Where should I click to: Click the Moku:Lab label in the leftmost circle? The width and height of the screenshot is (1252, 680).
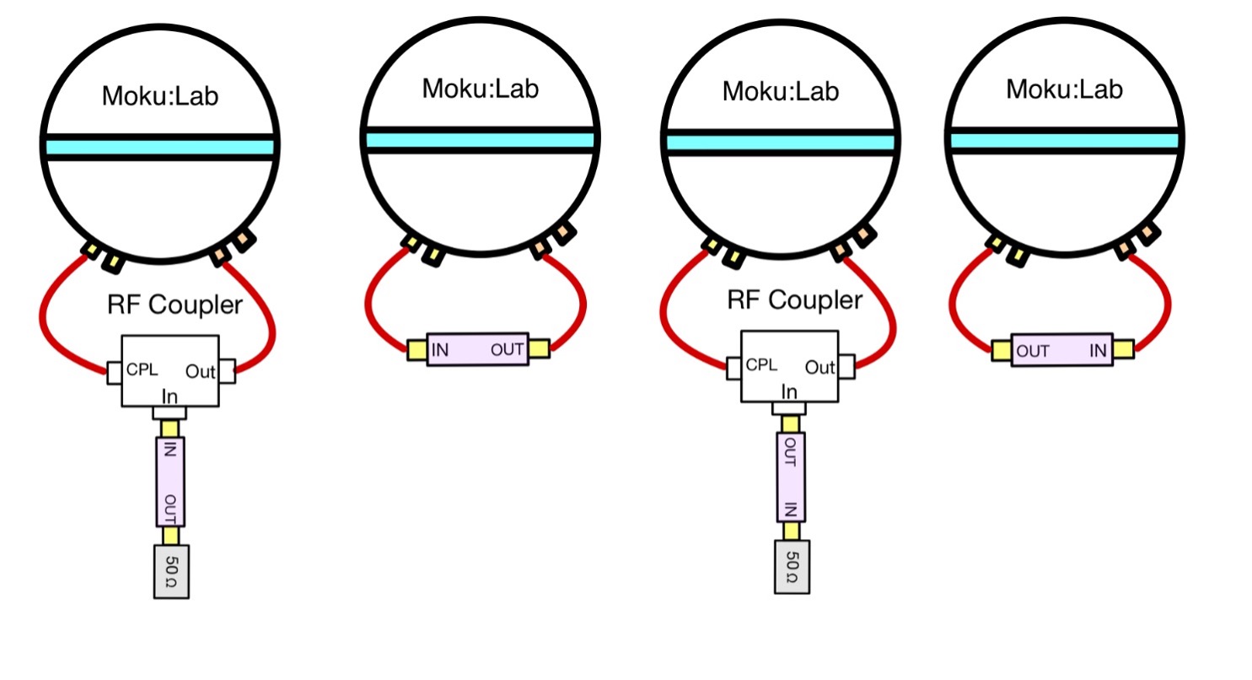(159, 96)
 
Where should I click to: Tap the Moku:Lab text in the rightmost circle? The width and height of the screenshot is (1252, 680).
(1065, 89)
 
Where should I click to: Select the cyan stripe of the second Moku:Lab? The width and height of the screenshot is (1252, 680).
(481, 140)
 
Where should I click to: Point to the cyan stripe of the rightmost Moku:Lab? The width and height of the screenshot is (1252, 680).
(1065, 141)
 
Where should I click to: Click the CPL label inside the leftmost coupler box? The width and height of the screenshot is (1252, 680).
(142, 369)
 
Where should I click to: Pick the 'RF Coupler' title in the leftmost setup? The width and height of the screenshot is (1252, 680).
(175, 305)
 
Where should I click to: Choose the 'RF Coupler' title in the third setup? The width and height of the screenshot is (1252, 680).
(794, 300)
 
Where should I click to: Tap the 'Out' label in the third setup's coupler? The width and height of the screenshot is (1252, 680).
(819, 367)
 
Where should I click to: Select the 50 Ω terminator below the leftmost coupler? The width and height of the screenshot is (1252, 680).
(171, 572)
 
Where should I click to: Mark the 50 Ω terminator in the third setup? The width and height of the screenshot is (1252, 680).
(792, 566)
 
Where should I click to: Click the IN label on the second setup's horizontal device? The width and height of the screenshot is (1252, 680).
(440, 349)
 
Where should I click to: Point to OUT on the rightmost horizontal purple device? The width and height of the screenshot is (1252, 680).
(1032, 351)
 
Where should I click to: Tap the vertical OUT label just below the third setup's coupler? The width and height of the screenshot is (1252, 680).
(790, 450)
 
